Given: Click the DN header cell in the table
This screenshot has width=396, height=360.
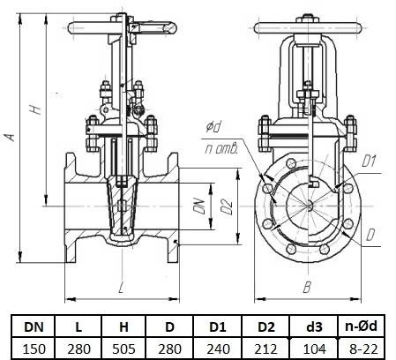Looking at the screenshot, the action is pyautogui.click(x=34, y=326).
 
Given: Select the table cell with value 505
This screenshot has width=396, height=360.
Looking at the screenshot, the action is pyautogui.click(x=123, y=349).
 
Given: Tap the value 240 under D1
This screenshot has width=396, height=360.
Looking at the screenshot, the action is pyautogui.click(x=218, y=349).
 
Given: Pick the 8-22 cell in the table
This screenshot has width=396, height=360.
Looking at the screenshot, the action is pyautogui.click(x=363, y=349).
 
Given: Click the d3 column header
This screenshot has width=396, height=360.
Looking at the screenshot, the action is pyautogui.click(x=314, y=326).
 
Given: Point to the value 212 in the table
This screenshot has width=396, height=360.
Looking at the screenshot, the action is pyautogui.click(x=265, y=349).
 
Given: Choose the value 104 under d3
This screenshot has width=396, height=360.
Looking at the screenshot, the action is pyautogui.click(x=314, y=349).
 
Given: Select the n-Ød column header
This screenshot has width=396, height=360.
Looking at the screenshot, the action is pyautogui.click(x=361, y=326).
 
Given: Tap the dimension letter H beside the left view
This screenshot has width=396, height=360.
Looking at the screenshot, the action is pyautogui.click(x=35, y=109).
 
